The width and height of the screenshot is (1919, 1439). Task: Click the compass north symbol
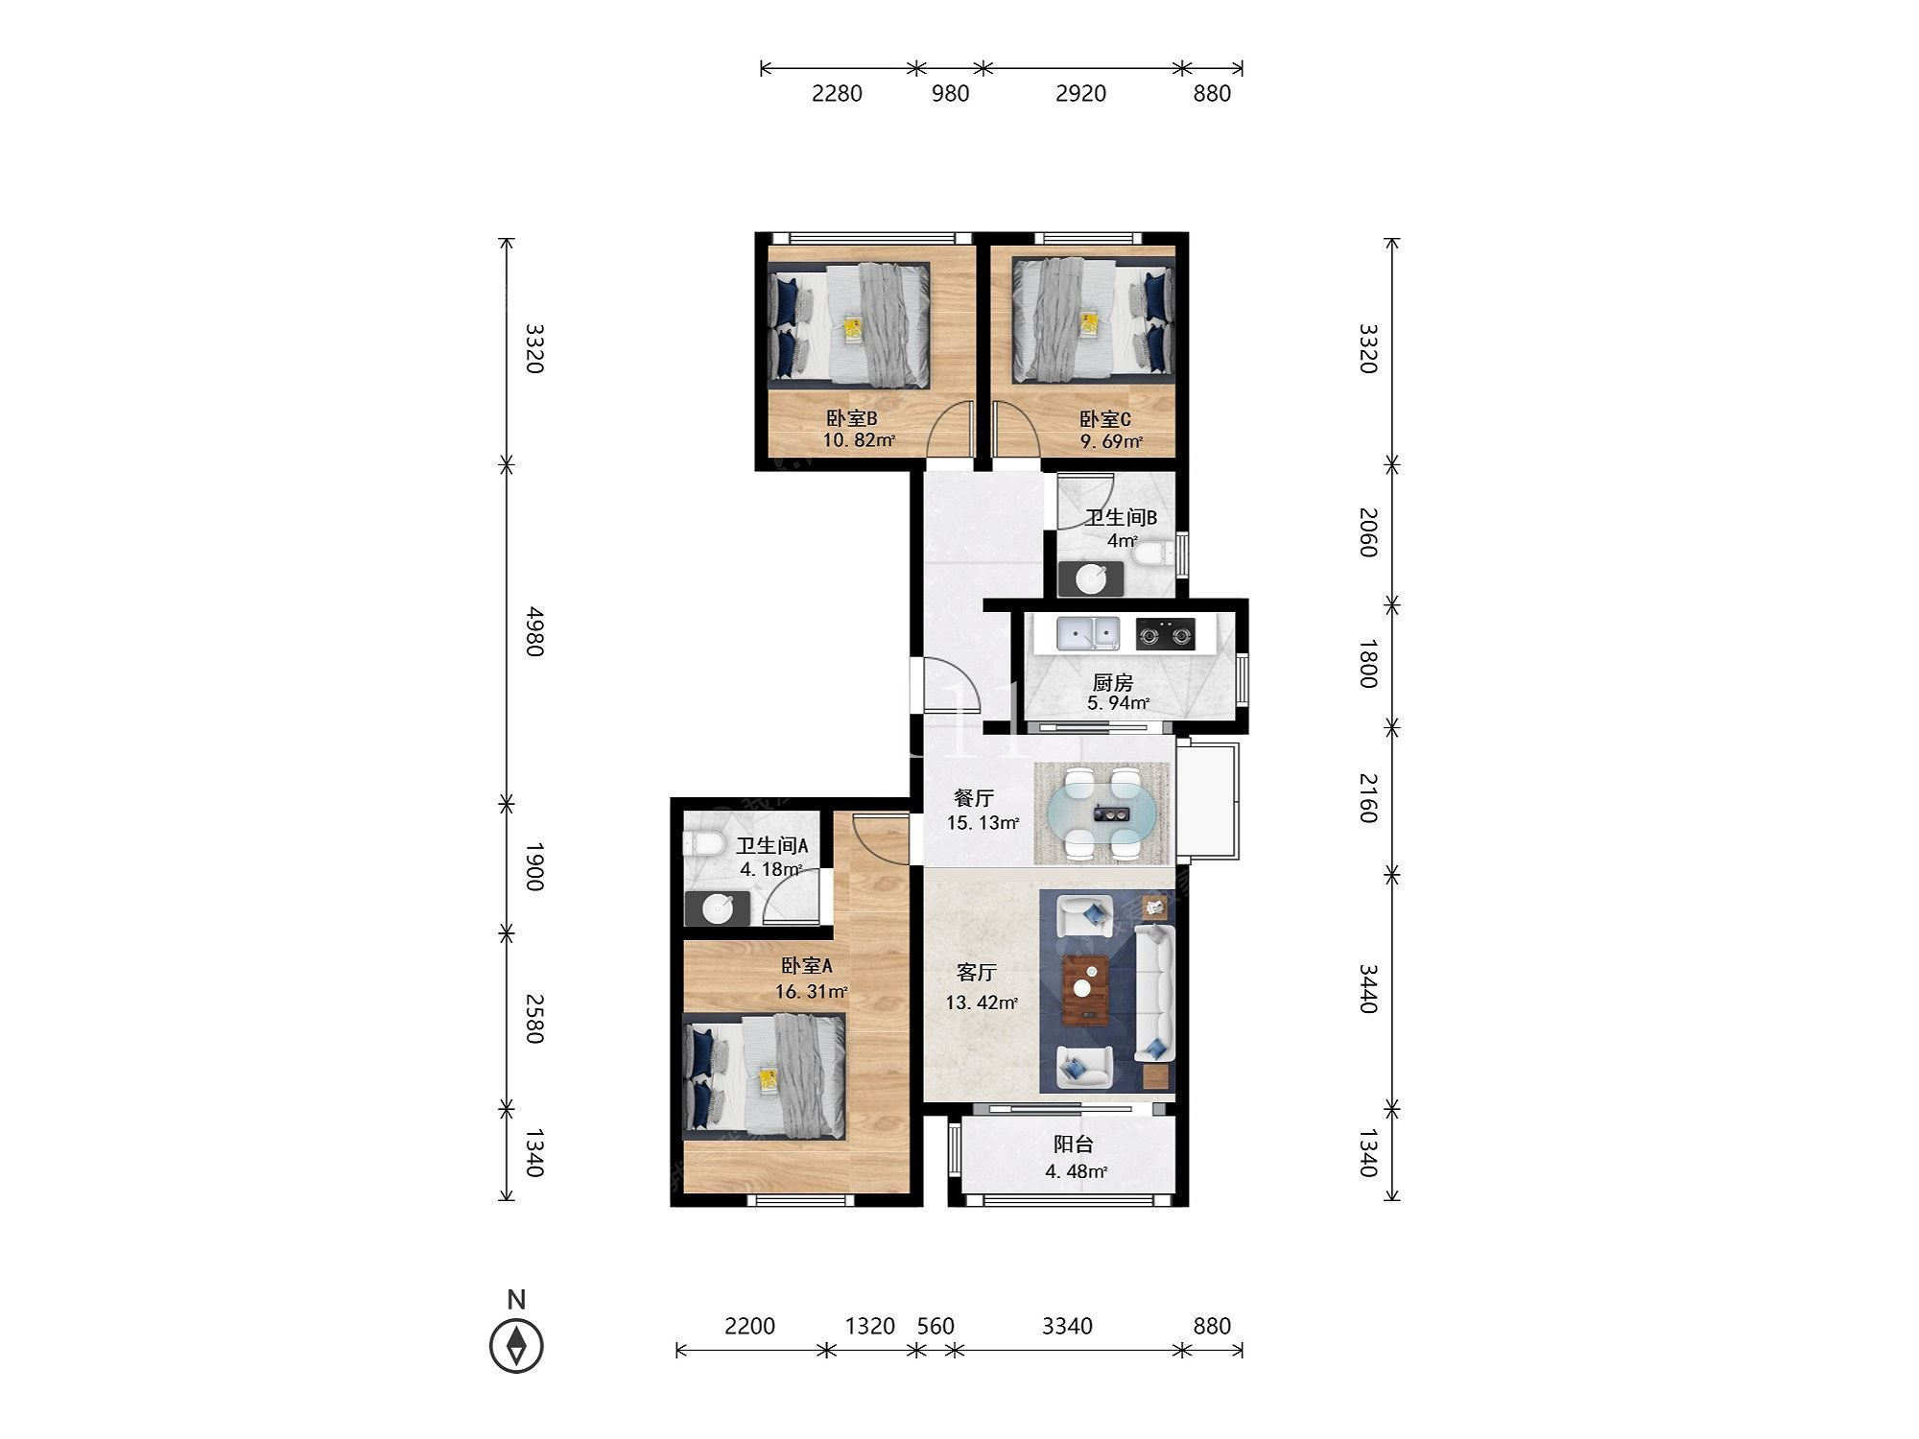click(x=516, y=1345)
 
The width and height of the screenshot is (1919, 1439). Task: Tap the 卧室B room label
click(x=852, y=419)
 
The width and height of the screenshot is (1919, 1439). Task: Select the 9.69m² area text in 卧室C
click(x=1111, y=442)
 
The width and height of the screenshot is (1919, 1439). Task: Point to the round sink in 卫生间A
click(x=719, y=908)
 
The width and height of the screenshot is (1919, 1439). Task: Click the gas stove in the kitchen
click(x=1166, y=634)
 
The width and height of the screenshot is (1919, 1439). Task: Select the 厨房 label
click(x=1113, y=683)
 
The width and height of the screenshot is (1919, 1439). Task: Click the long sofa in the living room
click(x=1153, y=993)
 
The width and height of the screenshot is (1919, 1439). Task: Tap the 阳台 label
click(x=1074, y=1144)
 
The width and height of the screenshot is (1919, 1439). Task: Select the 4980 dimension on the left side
click(x=534, y=631)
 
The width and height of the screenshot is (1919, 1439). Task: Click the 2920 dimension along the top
click(x=1080, y=93)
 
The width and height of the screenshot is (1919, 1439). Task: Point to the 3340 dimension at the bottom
click(x=1067, y=1326)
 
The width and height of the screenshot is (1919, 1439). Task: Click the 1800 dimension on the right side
click(x=1368, y=663)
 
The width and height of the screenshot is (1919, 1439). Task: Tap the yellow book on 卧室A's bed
click(x=769, y=1078)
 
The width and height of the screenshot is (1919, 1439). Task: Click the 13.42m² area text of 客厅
click(x=982, y=1003)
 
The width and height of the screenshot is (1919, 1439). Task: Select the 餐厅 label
click(x=973, y=798)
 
